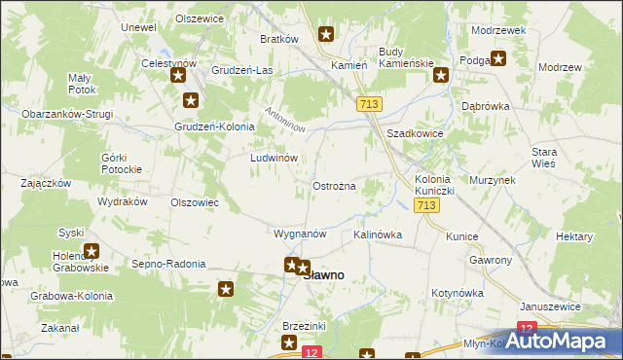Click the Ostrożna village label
coord(333,185)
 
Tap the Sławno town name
coord(323,275)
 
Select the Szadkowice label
coord(416,134)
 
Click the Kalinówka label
coord(378,234)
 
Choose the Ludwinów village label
coord(274,157)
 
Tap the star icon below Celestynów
coord(178,76)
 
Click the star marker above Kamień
coord(326,36)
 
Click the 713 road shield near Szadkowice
coord(369,104)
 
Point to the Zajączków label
coord(46,182)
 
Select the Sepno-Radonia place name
coord(168,264)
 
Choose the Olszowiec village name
coord(194,202)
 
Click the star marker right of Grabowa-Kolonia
coord(226,288)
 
